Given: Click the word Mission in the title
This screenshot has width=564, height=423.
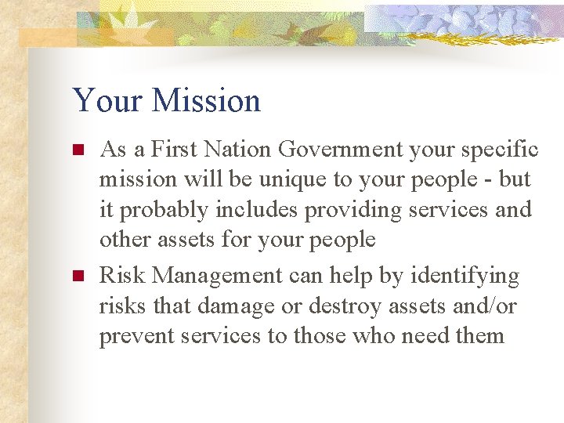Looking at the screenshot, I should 207,101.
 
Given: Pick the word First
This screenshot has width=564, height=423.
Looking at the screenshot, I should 175,150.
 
